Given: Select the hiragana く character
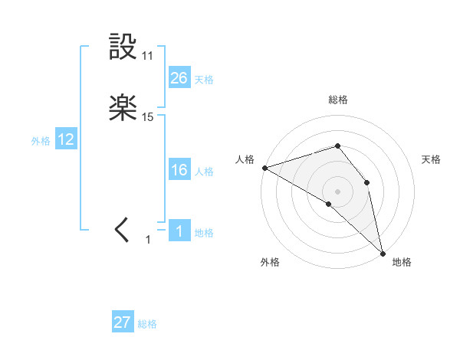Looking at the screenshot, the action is click(x=123, y=229).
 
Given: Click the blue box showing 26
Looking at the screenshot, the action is click(x=179, y=78).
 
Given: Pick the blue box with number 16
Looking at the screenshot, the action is click(x=179, y=171).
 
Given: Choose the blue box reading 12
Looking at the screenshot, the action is click(x=66, y=139).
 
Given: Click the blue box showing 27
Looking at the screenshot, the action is click(x=123, y=322).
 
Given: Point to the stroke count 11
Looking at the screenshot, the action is click(x=148, y=56).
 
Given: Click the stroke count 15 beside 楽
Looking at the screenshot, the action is click(x=148, y=117).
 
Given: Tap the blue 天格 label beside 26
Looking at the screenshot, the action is click(x=204, y=80).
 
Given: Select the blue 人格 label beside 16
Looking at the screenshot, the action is click(x=204, y=172).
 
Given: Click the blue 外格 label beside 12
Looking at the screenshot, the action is click(x=41, y=141).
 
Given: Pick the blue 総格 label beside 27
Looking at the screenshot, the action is click(x=147, y=324).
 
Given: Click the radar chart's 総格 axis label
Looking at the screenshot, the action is click(x=338, y=100).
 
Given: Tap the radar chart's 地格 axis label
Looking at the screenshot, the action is click(x=402, y=262).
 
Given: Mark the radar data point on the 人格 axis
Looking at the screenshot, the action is click(x=264, y=167).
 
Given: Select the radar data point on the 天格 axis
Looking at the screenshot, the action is click(x=367, y=182).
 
